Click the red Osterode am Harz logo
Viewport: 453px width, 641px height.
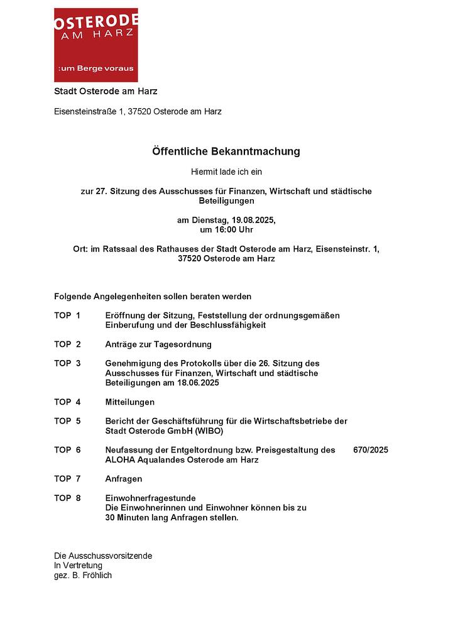point(96,45)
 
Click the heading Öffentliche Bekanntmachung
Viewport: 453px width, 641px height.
point(226,151)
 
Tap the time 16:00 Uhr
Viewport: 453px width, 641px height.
point(235,230)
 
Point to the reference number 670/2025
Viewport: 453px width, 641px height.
point(371,451)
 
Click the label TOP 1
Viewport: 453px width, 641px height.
point(67,315)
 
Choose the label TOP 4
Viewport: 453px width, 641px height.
point(67,402)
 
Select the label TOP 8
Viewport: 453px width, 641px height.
point(67,498)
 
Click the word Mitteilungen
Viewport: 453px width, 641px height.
point(129,402)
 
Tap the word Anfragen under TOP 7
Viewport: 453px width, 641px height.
point(124,479)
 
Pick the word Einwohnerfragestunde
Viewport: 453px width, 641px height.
point(150,498)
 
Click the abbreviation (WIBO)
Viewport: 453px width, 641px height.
point(209,431)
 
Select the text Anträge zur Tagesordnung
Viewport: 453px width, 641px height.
point(158,344)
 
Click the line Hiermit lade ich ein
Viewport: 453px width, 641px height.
point(226,172)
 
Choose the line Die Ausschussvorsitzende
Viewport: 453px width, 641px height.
point(103,556)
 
